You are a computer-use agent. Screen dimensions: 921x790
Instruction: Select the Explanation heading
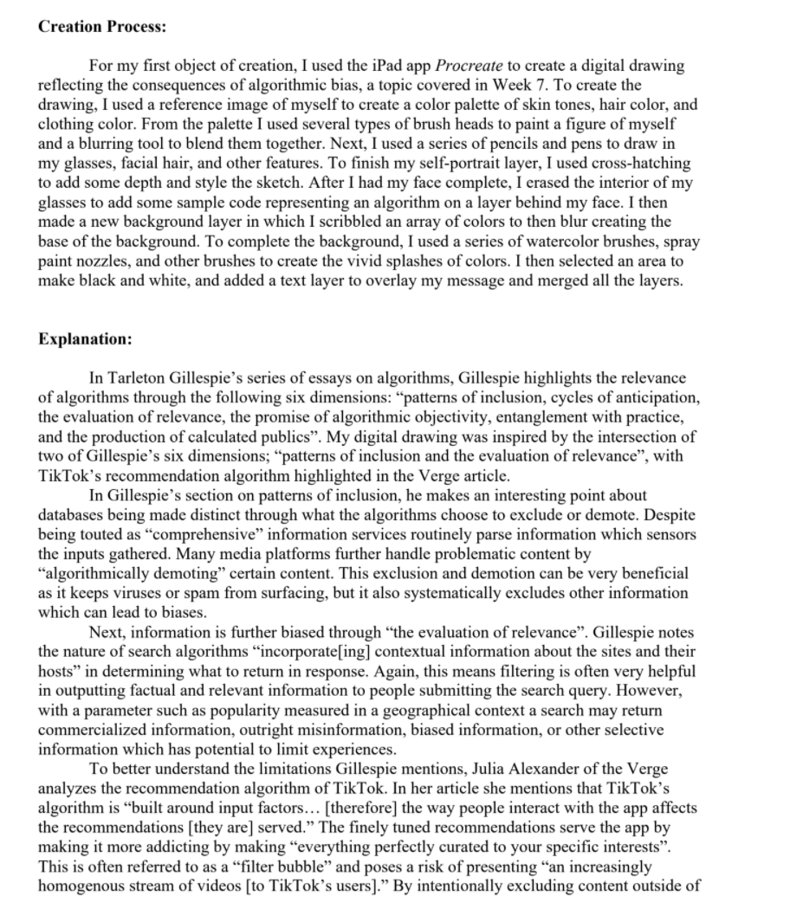(85, 338)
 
